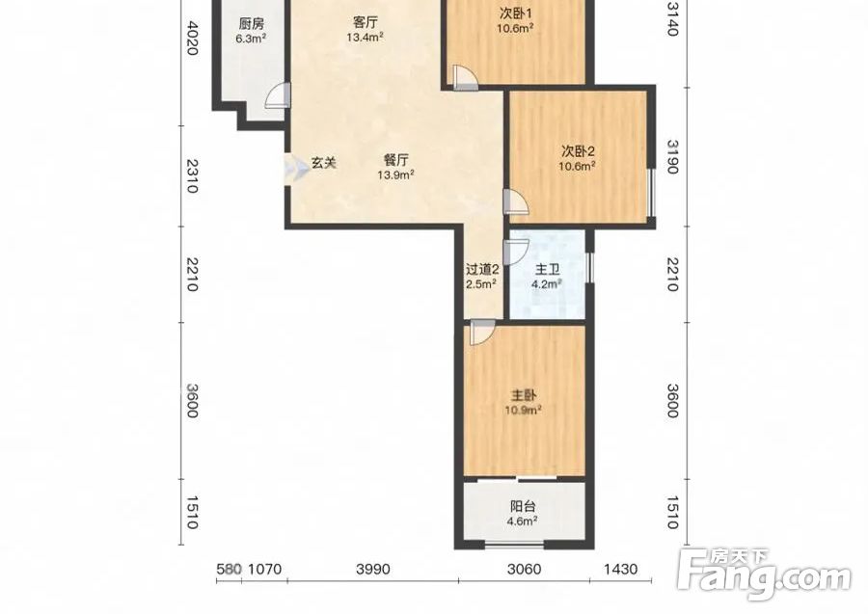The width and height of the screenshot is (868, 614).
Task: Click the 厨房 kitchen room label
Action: pyautogui.click(x=251, y=24)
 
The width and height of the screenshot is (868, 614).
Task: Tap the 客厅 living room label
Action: pyautogui.click(x=366, y=23)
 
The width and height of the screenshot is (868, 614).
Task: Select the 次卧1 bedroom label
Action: pyautogui.click(x=515, y=13)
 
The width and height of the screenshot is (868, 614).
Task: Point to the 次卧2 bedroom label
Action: pyautogui.click(x=578, y=151)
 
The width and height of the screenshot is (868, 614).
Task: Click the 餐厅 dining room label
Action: pyautogui.click(x=395, y=160)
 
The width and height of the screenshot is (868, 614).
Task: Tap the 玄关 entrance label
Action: pyautogui.click(x=323, y=163)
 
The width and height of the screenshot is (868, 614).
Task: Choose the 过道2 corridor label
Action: pyautogui.click(x=482, y=270)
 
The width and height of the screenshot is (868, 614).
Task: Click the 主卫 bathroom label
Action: pyautogui.click(x=547, y=271)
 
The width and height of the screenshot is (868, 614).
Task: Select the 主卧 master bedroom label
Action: pyautogui.click(x=523, y=396)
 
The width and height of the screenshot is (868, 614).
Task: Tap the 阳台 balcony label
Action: pyautogui.click(x=523, y=507)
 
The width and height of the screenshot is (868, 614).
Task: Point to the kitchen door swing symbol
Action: pyautogui.click(x=278, y=95)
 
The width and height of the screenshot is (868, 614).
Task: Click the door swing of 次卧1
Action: pyautogui.click(x=464, y=77)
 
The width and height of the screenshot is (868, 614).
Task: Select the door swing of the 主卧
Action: pyautogui.click(x=481, y=333)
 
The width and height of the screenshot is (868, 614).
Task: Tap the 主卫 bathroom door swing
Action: pyautogui.click(x=517, y=252)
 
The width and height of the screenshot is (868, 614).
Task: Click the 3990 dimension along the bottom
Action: pyautogui.click(x=373, y=570)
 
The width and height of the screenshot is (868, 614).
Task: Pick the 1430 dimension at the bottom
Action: pyautogui.click(x=620, y=570)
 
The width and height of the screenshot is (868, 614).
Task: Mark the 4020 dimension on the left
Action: pyautogui.click(x=191, y=38)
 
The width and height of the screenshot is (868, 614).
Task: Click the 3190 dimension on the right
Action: pyautogui.click(x=672, y=156)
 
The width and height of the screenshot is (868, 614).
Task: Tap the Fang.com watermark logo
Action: pyautogui.click(x=765, y=575)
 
